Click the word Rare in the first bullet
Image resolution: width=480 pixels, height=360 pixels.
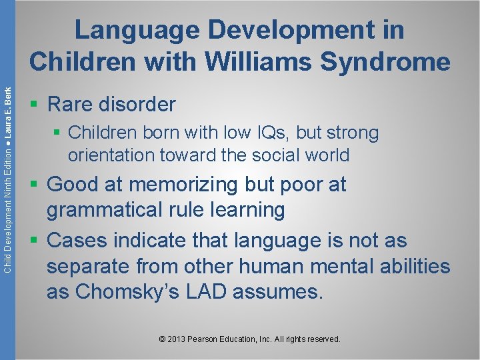click(71, 104)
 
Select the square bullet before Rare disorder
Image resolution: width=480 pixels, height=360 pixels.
click(34, 105)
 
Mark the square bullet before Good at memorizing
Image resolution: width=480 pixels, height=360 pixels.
click(34, 185)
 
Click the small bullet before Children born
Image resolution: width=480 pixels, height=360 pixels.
click(58, 133)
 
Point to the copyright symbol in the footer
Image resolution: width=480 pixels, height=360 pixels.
click(162, 339)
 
